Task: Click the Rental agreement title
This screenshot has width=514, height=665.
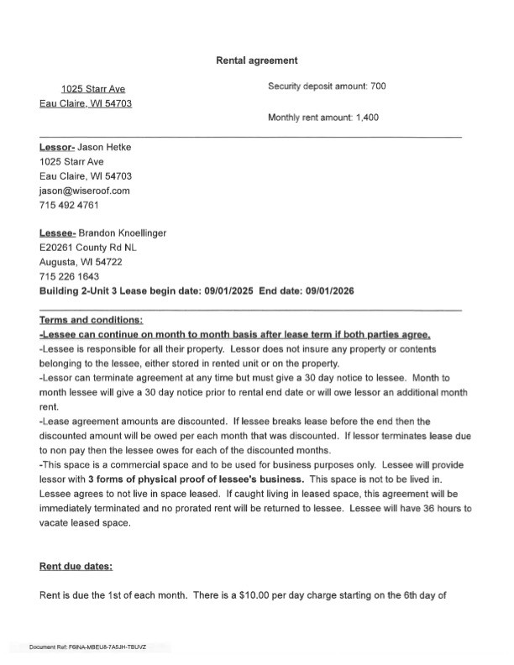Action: point(257,60)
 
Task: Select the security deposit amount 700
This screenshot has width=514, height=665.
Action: point(377,86)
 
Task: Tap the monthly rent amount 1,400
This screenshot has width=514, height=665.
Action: point(367,118)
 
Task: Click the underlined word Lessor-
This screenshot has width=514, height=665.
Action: point(57,148)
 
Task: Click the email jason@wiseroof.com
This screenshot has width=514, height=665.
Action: point(84,191)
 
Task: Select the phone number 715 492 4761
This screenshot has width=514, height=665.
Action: point(69,205)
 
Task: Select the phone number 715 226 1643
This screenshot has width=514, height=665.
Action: point(69,276)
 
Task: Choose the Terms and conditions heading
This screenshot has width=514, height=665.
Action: point(91,320)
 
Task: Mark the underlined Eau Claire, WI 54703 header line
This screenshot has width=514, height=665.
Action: point(86,103)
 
